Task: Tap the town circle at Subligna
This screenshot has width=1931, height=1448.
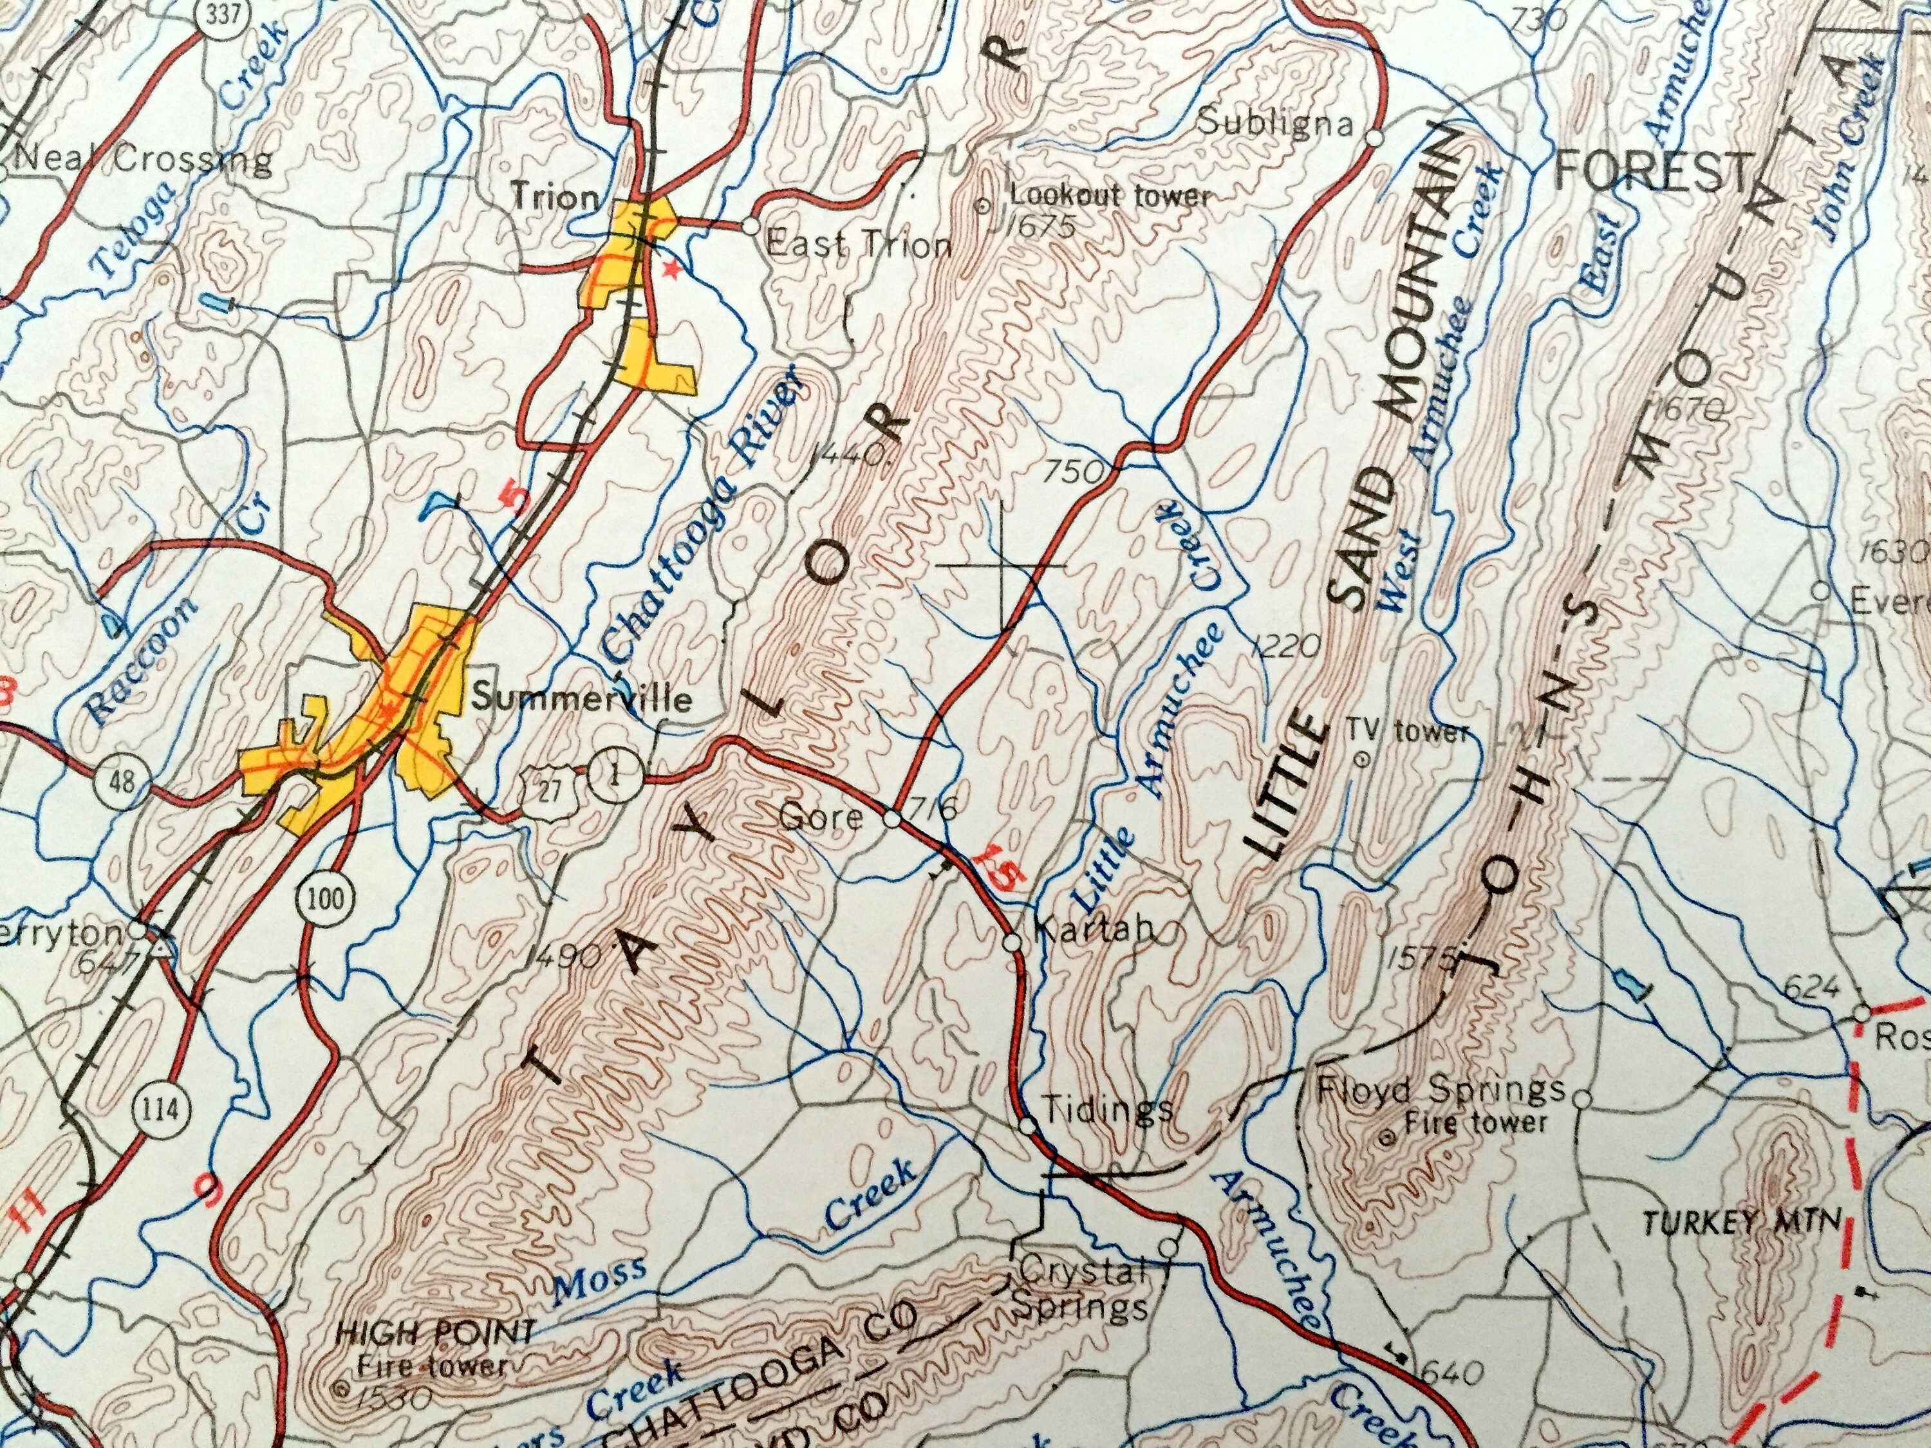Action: pos(1373,138)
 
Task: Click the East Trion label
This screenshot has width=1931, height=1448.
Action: pos(857,245)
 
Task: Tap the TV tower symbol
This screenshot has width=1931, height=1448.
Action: pos(1359,759)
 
